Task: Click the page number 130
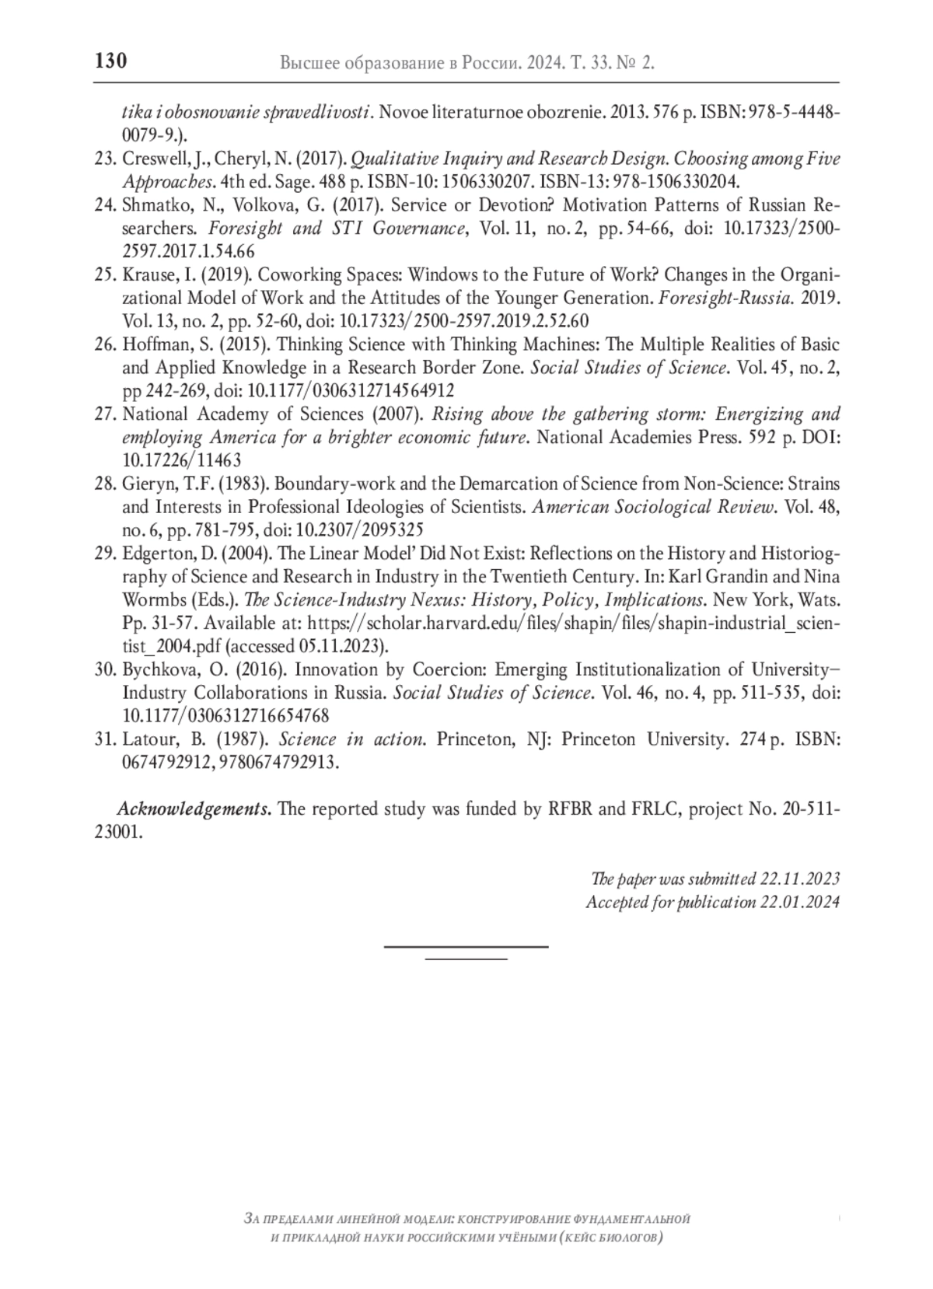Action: (x=110, y=61)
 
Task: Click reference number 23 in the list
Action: (x=104, y=159)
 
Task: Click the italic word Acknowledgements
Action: (x=194, y=809)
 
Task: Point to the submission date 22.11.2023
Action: (x=800, y=879)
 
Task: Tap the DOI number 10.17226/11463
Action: (x=182, y=460)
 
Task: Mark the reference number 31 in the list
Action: (x=104, y=739)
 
